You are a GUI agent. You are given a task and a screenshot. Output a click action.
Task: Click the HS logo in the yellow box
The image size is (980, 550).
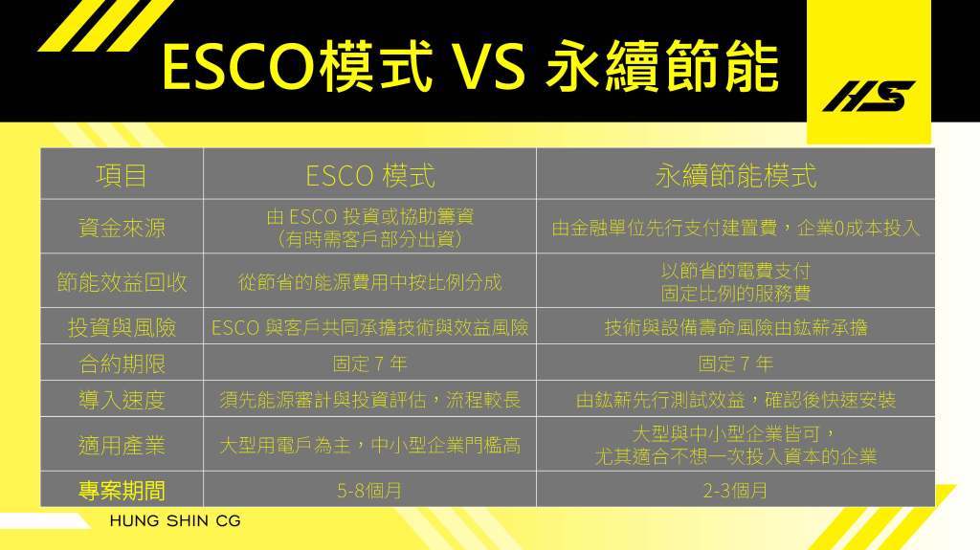869,96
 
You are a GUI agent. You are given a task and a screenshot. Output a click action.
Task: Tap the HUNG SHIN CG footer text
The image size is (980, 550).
175,520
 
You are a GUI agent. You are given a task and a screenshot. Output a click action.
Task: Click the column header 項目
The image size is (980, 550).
122,176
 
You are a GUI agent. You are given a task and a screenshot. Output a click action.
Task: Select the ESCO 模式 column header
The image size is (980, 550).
370,176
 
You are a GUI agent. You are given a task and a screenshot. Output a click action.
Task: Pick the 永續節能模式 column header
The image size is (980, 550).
736,176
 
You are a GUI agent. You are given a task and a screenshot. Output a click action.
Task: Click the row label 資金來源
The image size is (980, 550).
122,228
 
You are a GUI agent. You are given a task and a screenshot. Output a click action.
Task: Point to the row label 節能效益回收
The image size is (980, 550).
122,282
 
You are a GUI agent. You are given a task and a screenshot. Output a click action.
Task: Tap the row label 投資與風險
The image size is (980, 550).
122,327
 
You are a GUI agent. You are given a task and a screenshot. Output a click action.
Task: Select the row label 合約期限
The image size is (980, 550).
122,363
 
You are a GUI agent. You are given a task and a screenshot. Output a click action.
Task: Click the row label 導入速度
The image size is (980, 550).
122,400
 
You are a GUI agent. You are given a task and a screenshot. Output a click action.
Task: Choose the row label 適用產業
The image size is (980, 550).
122,445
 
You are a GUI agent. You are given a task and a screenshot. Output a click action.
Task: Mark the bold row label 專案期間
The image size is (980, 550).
122,491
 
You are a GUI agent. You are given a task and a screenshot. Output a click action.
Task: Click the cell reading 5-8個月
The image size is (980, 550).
369,491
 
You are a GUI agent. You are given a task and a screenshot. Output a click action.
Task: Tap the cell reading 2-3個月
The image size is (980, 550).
735,491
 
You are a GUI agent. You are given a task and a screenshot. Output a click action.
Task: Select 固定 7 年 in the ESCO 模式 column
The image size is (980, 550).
369,363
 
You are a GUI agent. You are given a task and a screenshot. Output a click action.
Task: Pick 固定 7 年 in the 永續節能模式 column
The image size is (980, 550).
736,363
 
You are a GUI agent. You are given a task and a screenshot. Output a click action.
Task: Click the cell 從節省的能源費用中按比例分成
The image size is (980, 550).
370,282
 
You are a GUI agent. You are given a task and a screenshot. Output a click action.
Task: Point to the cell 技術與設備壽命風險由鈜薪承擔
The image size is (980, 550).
736,327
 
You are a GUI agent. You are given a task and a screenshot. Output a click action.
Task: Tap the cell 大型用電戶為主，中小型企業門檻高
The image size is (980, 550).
370,445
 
